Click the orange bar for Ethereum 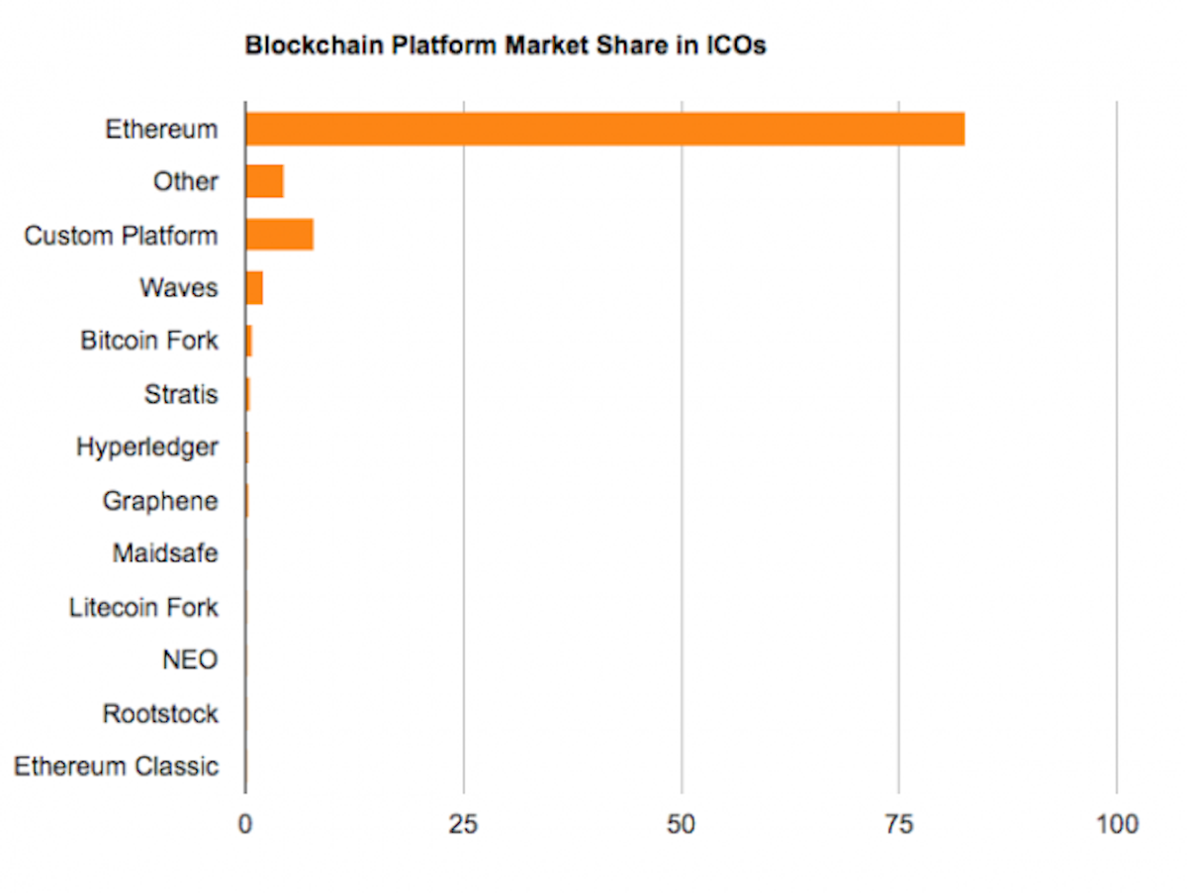coord(604,130)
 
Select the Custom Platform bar coord(280,236)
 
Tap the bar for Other coord(264,182)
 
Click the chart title coord(504,46)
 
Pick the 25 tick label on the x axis coord(464,824)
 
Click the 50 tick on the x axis coord(682,824)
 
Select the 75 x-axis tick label coord(899,824)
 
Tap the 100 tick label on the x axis coord(1117,824)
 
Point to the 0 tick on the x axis coord(245,824)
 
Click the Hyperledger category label coord(147,447)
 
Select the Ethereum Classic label coord(116,766)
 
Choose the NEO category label coord(190,659)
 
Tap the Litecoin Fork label coord(143,607)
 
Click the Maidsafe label coord(165,553)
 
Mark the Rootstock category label coord(160,713)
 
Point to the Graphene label coord(160,501)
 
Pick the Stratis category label coord(181,395)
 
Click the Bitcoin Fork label coord(149,342)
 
